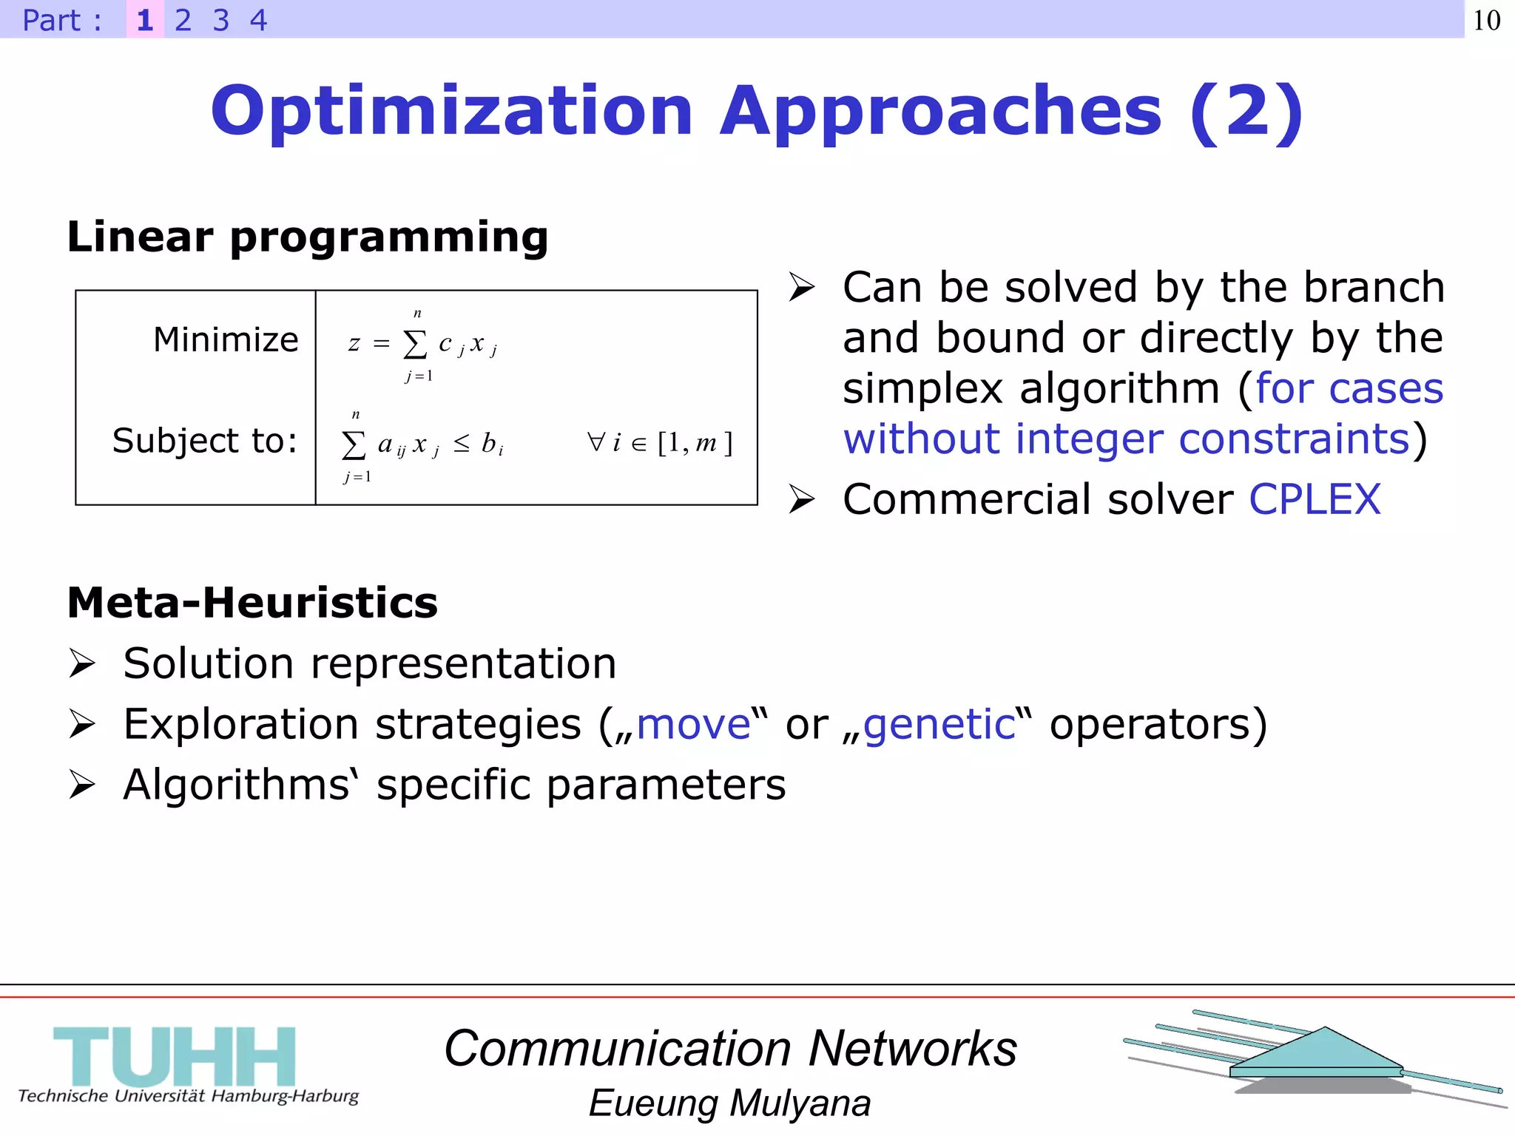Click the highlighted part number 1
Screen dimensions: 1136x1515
145,20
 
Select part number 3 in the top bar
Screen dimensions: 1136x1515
220,20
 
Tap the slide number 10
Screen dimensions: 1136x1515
1486,20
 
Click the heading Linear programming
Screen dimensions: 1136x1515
308,237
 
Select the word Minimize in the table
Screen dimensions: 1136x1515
226,339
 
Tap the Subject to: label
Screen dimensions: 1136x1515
205,441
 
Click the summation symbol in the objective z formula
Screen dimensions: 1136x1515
415,344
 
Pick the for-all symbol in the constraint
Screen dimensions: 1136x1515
595,442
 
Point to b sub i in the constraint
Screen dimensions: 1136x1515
492,444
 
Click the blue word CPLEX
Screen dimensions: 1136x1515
1315,499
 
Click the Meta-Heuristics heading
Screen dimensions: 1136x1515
252,602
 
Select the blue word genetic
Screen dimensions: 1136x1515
939,723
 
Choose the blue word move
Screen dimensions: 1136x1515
693,723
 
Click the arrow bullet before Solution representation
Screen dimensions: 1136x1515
82,663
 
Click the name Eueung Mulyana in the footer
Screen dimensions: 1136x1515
729,1103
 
